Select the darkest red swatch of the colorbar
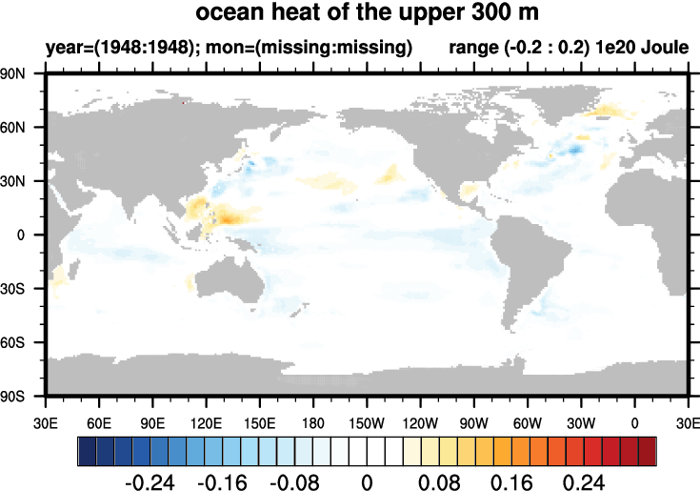[x=648, y=449]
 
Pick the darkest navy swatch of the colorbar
[x=87, y=449]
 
